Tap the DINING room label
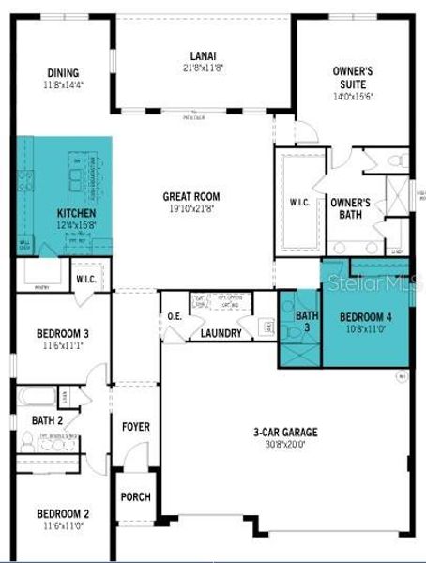coord(63,73)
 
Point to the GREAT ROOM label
coord(191,197)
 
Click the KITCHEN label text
coord(76,213)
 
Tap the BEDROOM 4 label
coord(366,316)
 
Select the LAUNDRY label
coord(221,333)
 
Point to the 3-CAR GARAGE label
coord(285,433)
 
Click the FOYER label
coord(136,427)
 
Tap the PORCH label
coord(136,496)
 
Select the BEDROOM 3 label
coord(63,333)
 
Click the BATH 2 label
coord(47,420)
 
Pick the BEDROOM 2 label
coord(63,513)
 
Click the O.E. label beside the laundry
coord(175,316)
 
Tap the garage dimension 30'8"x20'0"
coord(285,445)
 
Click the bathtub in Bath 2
coord(38,395)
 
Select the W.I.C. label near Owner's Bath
coord(300,202)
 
